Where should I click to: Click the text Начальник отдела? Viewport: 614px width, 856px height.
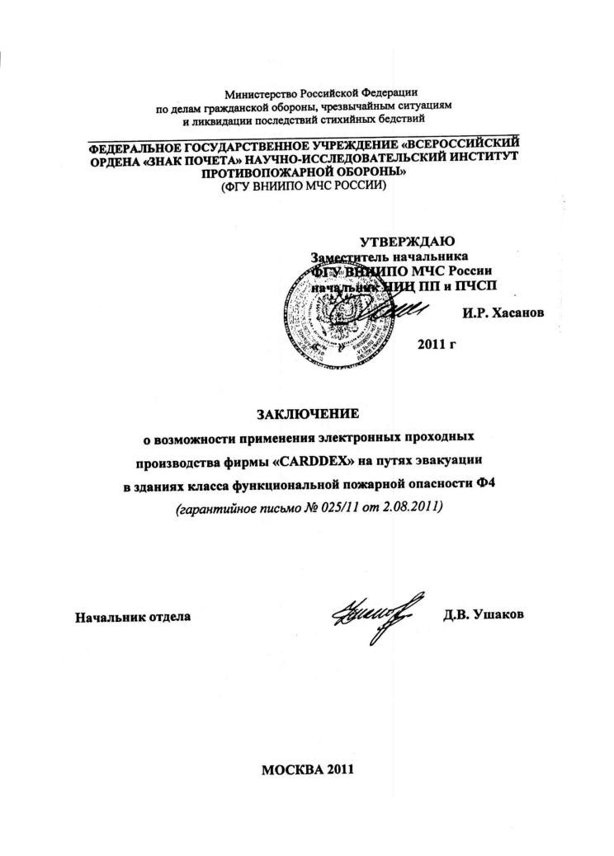click(133, 616)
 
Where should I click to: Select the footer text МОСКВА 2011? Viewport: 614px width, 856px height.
click(307, 769)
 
